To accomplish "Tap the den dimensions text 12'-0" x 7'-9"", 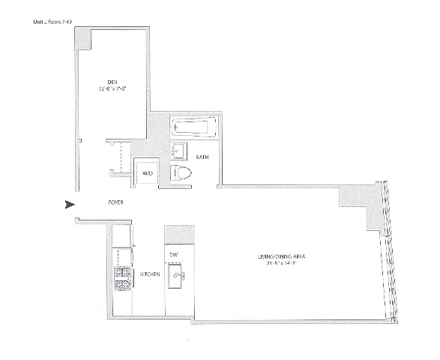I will [x=111, y=88].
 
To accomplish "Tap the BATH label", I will [x=202, y=158].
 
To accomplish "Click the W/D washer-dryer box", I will [x=148, y=174].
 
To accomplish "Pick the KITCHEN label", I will [x=150, y=275].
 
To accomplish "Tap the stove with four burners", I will [x=121, y=280].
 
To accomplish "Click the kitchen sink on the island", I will [x=178, y=278].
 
